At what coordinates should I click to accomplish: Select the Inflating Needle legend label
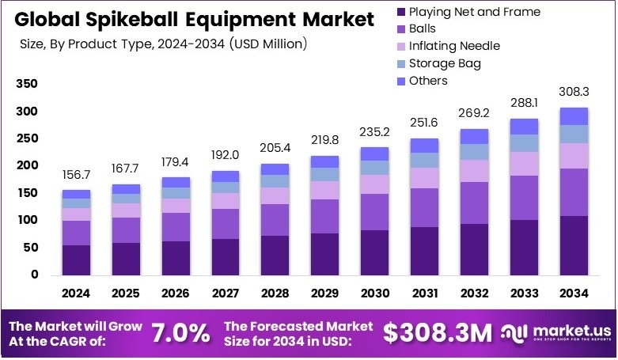(454, 46)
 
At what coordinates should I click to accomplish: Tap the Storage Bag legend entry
(444, 63)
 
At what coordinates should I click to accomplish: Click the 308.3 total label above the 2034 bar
(574, 93)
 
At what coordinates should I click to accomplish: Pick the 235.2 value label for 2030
(374, 132)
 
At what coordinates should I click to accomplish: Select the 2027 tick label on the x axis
(226, 294)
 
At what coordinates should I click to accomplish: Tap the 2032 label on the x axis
(474, 294)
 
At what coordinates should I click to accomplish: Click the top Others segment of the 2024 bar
(77, 194)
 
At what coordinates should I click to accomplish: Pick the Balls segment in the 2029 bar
(325, 216)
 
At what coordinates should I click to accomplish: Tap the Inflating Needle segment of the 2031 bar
(425, 178)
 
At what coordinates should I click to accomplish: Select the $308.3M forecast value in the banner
(438, 333)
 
